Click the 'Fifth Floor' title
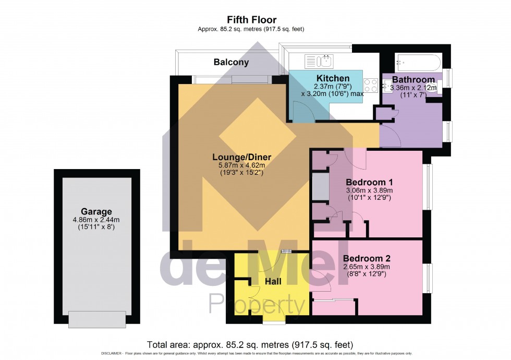coord(251,20)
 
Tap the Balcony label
coord(231,62)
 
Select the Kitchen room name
coord(333,78)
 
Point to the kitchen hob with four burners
coord(371,85)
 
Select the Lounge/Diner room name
coord(241,157)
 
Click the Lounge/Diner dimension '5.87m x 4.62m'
coord(241,165)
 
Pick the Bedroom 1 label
coord(369,182)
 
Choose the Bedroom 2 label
coord(366,258)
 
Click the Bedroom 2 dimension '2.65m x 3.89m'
coord(367,267)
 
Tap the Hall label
coord(273,282)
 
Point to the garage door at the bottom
coord(97,319)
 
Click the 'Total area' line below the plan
coord(250,345)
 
